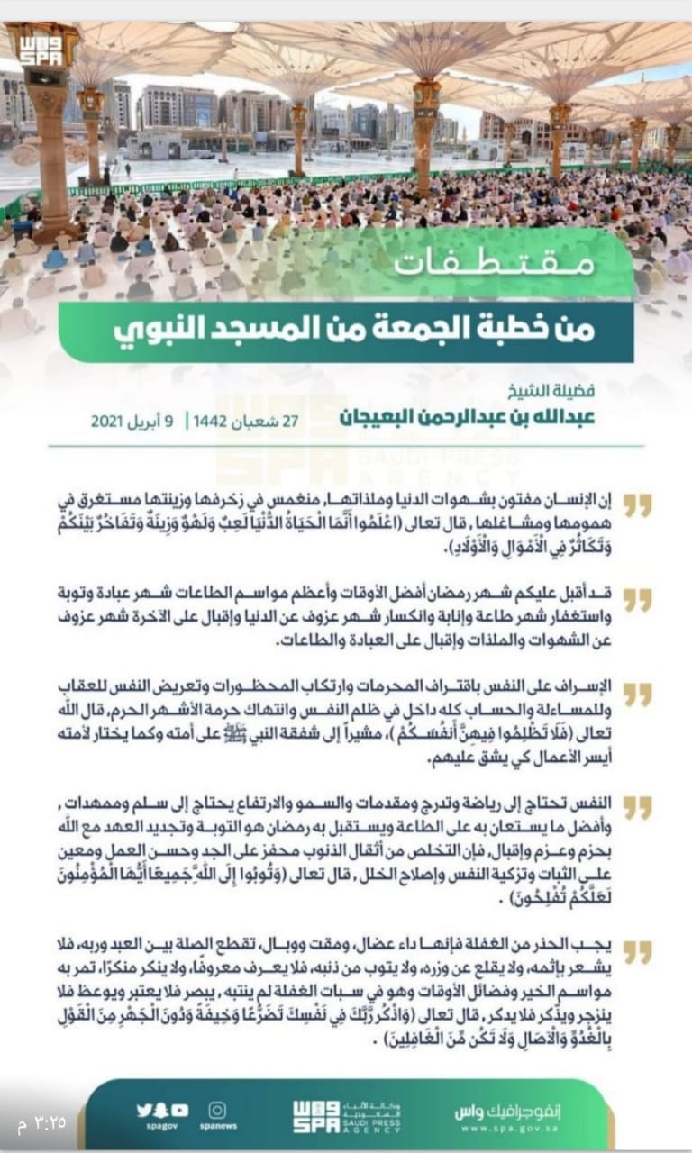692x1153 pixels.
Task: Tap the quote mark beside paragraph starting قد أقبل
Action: (x=637, y=600)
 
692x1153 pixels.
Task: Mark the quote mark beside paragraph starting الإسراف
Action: (x=637, y=695)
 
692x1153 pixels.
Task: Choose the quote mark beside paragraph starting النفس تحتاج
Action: (x=637, y=807)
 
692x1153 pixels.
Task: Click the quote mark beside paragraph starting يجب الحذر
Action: (x=637, y=951)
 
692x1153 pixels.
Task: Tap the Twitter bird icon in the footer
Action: (x=144, y=1110)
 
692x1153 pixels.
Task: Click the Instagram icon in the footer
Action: (x=217, y=1110)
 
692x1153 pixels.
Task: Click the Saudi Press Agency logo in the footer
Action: (x=346, y=1117)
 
